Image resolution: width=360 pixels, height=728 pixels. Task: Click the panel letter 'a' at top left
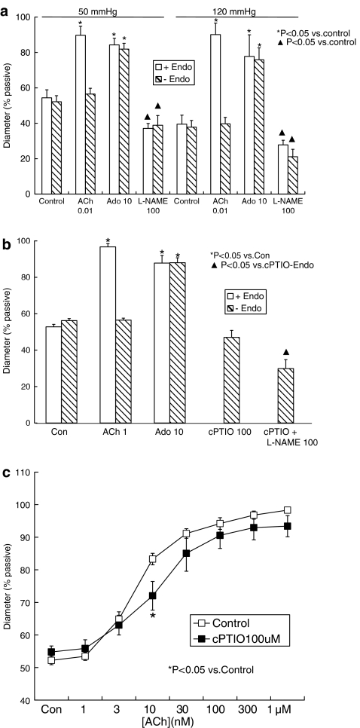6,7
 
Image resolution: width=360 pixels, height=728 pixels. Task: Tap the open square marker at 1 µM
287,531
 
